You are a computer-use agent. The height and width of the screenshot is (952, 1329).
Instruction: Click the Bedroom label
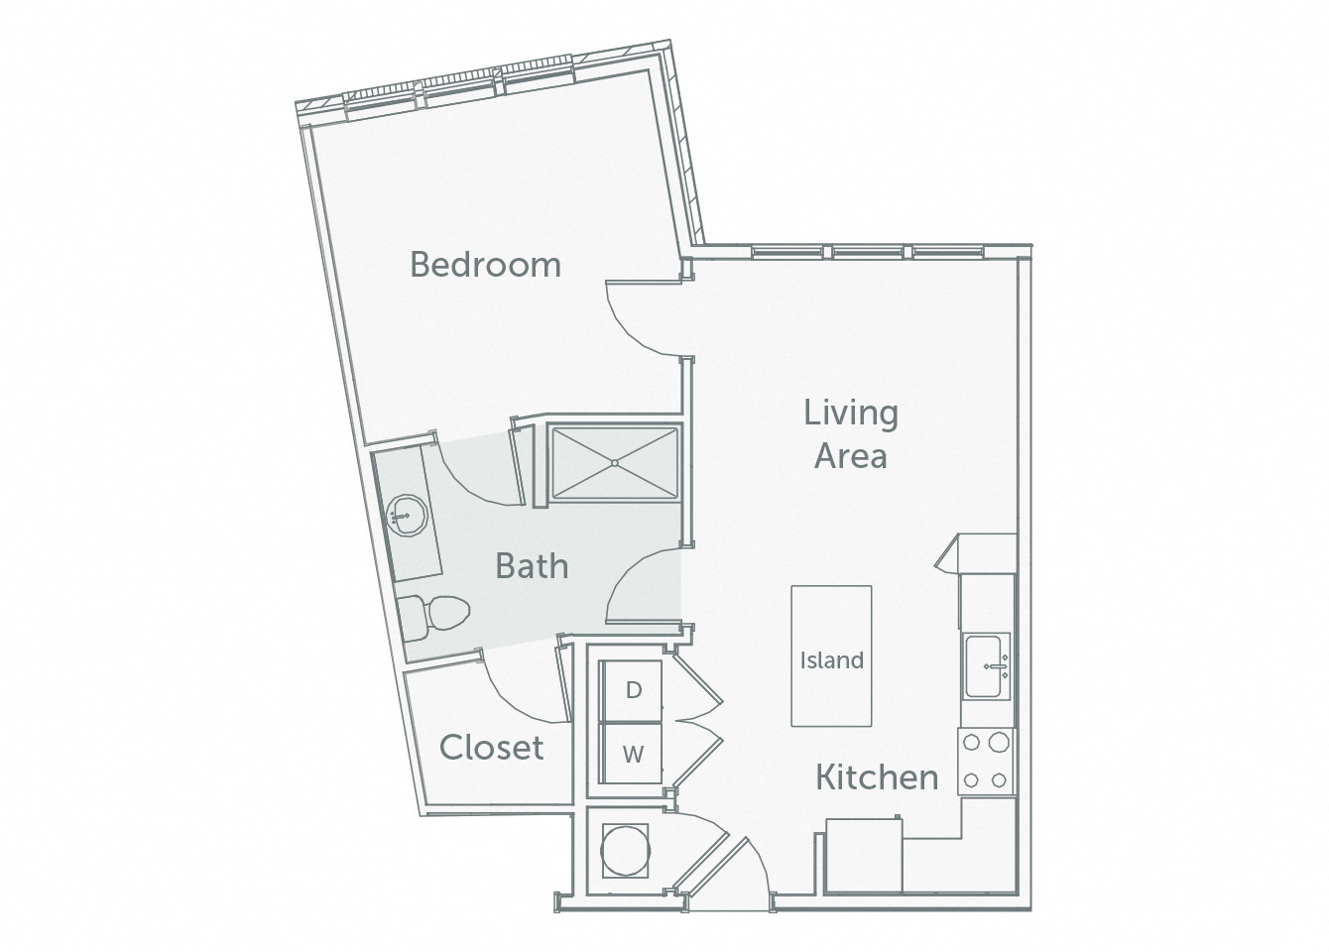(x=485, y=265)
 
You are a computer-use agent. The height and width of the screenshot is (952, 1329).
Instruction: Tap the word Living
(x=851, y=414)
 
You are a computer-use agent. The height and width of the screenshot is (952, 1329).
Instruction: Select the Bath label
(x=532, y=566)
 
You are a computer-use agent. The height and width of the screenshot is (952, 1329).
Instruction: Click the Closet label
(x=491, y=747)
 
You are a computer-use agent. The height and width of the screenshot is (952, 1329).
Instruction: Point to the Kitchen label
(x=877, y=776)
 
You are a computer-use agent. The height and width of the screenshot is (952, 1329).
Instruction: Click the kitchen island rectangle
(x=831, y=655)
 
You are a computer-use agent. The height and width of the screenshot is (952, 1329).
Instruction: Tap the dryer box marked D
(x=633, y=689)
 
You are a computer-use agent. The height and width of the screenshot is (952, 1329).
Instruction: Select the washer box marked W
(x=633, y=754)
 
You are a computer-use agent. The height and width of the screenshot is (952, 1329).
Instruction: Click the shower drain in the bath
(x=615, y=462)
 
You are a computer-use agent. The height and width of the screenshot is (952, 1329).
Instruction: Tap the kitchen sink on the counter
(x=986, y=666)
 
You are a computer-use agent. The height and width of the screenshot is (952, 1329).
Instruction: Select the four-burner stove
(x=986, y=761)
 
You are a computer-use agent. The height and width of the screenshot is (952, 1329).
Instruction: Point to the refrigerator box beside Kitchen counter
(x=865, y=855)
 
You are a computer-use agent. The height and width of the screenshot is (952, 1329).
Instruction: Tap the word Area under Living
(x=850, y=456)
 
